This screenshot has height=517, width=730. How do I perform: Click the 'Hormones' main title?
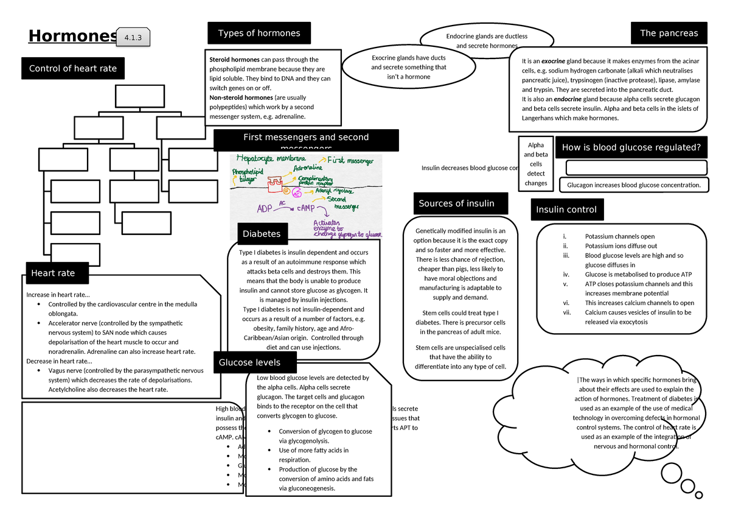pos(72,37)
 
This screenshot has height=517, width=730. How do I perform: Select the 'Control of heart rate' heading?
pos(73,68)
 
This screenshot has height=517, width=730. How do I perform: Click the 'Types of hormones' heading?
pos(259,33)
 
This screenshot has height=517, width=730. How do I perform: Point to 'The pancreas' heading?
pos(669,33)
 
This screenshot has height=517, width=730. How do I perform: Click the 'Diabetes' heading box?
pos(262,233)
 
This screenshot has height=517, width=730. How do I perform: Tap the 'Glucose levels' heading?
pos(249,362)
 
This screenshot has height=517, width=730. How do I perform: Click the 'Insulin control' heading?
pos(566,210)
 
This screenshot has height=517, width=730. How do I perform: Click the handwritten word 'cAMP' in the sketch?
pos(308,208)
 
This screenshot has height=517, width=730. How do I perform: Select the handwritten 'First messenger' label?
pos(350,161)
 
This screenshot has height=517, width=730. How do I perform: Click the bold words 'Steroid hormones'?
pos(234,60)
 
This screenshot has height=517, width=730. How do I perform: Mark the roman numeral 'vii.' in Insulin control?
pos(566,312)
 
